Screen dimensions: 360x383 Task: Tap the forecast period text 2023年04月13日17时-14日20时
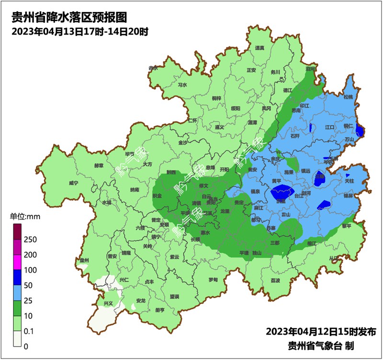click(79, 32)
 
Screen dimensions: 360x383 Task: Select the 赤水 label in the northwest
click(153, 69)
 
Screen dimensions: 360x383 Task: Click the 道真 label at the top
click(259, 48)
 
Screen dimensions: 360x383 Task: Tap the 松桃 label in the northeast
click(348, 97)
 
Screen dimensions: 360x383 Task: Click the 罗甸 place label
click(213, 279)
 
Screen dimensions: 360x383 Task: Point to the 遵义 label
click(220, 128)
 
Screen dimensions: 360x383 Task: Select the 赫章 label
click(98, 166)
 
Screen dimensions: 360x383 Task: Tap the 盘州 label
click(85, 260)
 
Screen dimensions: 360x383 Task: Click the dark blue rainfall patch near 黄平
click(282, 192)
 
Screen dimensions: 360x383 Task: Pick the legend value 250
click(30, 239)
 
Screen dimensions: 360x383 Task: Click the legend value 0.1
click(29, 331)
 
